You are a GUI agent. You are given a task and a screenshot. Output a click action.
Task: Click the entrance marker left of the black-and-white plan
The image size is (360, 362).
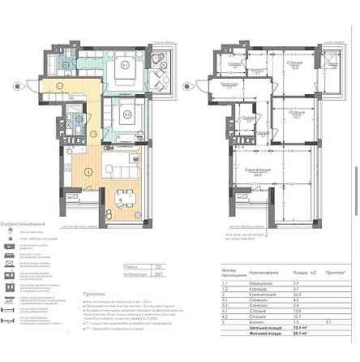tap(188, 83)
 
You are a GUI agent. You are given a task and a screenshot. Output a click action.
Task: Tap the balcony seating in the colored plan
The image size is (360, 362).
tap(160, 65)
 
